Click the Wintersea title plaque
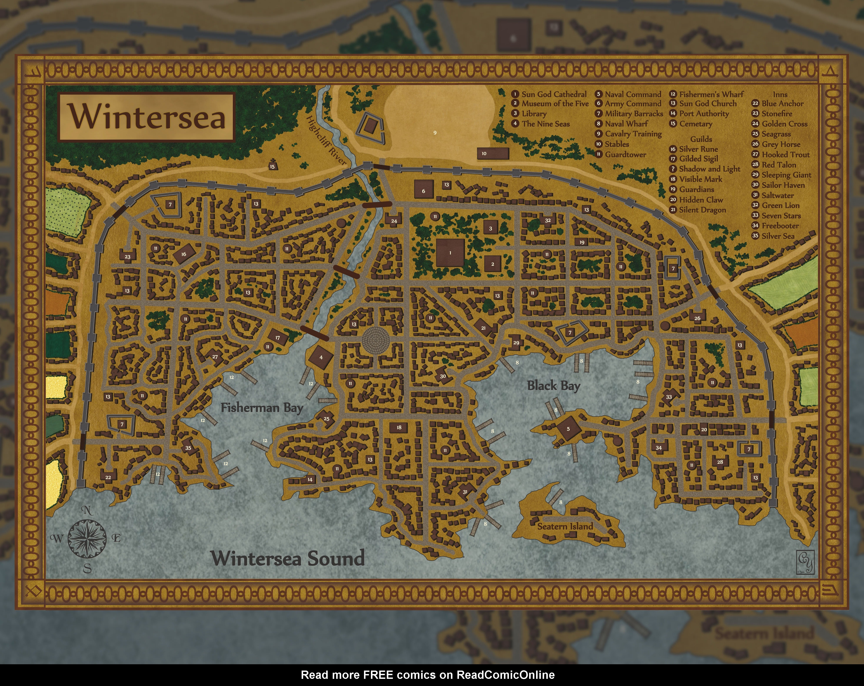point(147,117)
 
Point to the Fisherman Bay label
point(262,408)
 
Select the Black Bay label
point(553,386)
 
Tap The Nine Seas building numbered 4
point(321,357)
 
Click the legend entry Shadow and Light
point(709,169)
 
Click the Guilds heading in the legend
point(701,139)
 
